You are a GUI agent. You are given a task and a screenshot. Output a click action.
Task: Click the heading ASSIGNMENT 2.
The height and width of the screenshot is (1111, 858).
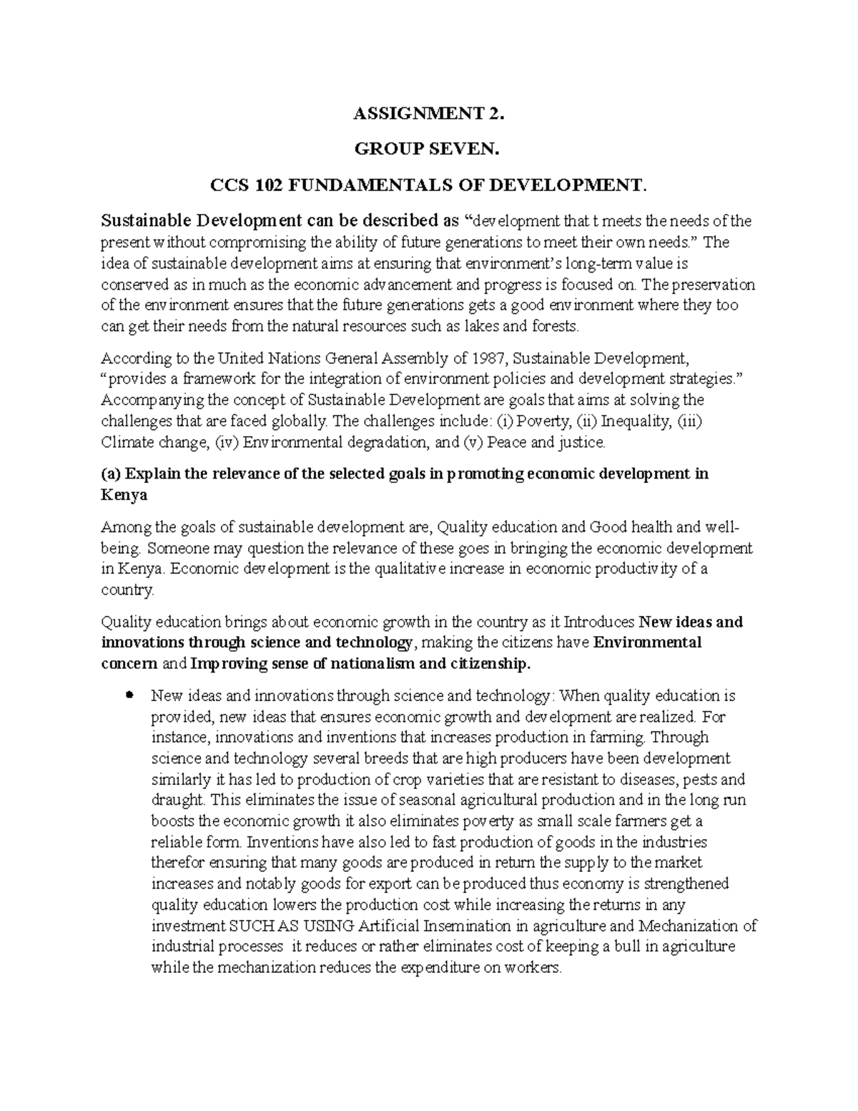tap(429, 113)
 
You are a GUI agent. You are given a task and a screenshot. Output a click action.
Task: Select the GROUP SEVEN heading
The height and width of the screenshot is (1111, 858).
tap(429, 150)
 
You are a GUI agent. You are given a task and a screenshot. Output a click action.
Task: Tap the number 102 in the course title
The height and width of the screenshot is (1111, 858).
tap(257, 186)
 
